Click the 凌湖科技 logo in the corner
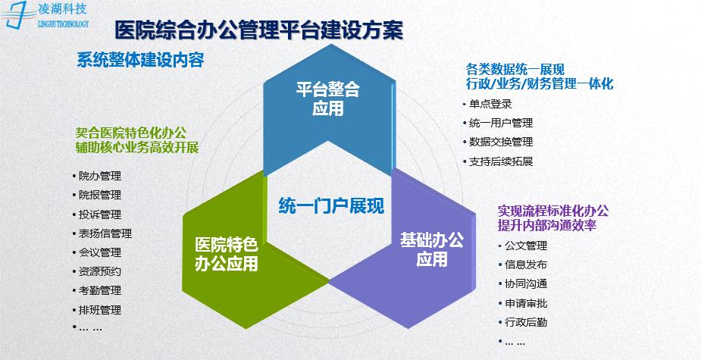point(45,14)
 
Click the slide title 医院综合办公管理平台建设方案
point(259,31)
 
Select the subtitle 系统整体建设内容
point(140,60)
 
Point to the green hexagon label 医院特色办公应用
point(227,255)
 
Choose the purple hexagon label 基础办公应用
point(431,250)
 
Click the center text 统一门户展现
point(331,206)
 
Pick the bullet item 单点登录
point(490,104)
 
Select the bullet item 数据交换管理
point(501,142)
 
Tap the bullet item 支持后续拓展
point(501,161)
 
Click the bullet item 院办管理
point(100,176)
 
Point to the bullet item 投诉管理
point(100,214)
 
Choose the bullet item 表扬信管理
point(105,233)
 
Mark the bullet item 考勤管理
point(100,291)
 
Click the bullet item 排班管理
point(100,310)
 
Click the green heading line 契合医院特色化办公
point(131,133)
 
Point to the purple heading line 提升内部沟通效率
point(547,226)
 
